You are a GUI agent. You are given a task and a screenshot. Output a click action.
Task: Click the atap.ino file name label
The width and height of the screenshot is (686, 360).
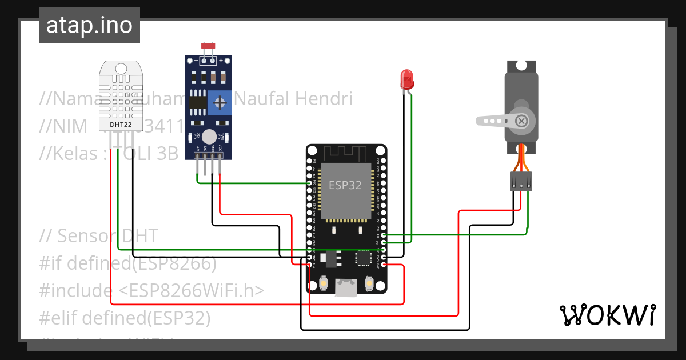pos(89,25)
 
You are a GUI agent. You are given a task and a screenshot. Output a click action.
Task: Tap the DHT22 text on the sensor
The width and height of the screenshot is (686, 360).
pos(121,124)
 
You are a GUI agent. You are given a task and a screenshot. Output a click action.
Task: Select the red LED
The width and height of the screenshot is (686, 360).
pos(407,79)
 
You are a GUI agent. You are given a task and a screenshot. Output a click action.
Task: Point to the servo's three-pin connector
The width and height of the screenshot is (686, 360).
pos(521,182)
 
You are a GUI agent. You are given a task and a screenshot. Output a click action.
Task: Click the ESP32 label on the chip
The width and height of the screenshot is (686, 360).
pos(345,185)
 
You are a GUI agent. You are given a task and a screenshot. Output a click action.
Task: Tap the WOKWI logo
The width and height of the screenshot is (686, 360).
pos(607,315)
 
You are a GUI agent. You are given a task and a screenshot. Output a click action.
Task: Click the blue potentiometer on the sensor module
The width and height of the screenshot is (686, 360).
pos(220,103)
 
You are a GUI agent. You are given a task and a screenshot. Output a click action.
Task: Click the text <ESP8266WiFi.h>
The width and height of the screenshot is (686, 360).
pos(192,290)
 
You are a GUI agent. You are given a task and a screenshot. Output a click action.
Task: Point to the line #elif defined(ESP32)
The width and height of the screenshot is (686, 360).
pos(125,317)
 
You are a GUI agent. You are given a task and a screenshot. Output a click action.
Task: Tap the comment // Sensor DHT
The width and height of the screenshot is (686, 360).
pos(98,235)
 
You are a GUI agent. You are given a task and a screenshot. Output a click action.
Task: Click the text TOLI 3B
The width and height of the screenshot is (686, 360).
pos(147,154)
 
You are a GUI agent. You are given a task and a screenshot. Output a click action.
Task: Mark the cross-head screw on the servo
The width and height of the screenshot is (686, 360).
pos(521,121)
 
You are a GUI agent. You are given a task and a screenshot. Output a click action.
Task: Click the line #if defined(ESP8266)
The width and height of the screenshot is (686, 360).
pos(127,263)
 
